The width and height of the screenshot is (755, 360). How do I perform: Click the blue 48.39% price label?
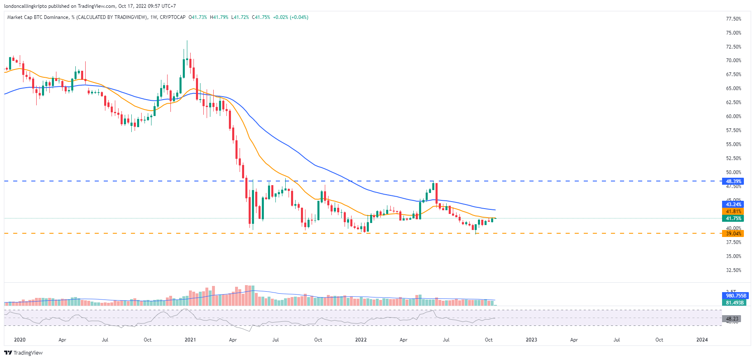tap(733, 181)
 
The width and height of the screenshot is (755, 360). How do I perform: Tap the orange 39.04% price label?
tap(733, 234)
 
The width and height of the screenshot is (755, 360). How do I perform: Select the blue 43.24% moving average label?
tap(733, 204)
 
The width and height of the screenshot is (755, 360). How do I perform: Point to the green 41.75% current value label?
tap(733, 218)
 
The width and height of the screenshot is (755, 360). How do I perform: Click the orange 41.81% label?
tap(733, 211)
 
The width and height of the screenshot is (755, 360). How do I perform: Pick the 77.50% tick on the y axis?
tap(733, 19)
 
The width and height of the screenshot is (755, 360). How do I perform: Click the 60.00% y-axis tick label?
tap(733, 116)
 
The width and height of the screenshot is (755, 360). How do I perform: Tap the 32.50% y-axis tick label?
tap(733, 270)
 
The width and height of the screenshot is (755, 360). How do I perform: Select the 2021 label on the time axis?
tap(190, 340)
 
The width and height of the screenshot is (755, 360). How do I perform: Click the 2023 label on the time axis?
tap(531, 340)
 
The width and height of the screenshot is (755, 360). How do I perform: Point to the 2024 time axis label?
tap(701, 340)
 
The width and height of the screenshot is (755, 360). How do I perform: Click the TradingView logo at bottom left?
tap(23, 353)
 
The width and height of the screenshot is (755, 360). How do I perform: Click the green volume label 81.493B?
tap(734, 303)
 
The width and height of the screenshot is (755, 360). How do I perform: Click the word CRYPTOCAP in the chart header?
tap(172, 17)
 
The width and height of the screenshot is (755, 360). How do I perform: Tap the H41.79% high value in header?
tap(219, 17)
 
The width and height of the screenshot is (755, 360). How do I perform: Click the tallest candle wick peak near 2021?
tap(187, 41)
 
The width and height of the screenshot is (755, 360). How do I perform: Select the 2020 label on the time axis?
tap(20, 340)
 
